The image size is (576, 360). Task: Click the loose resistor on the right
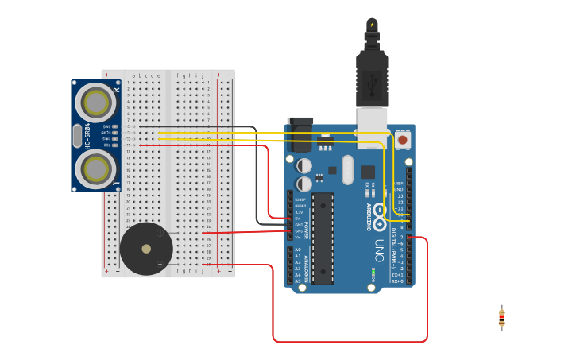pyautogui.click(x=501, y=318)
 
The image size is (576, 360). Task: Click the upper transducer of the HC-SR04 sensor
pyautogui.click(x=96, y=103)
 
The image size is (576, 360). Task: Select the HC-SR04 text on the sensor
pyautogui.click(x=87, y=135)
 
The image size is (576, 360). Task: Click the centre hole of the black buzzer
pyautogui.click(x=146, y=249)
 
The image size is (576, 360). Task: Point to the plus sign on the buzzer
pyautogui.click(x=160, y=265)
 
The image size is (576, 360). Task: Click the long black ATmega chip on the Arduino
pyautogui.click(x=323, y=238)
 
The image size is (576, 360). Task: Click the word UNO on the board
pyautogui.click(x=380, y=250)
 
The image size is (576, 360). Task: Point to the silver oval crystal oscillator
pyautogui.click(x=347, y=169)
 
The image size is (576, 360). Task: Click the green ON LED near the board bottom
pyautogui.click(x=372, y=274)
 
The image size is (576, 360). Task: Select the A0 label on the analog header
pyautogui.click(x=298, y=250)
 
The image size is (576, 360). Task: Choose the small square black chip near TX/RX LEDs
pyautogui.click(x=368, y=172)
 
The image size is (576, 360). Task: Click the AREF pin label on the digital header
pyautogui.click(x=399, y=183)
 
